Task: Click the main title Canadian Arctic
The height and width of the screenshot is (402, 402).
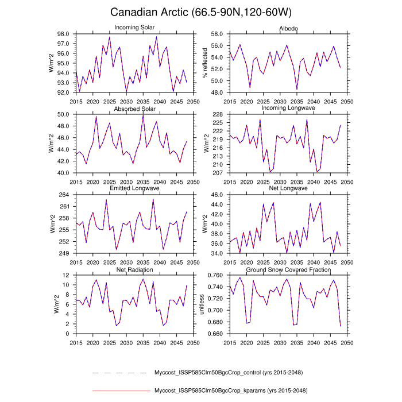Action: tap(201, 13)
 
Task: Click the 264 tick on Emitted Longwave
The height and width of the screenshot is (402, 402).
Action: tap(65, 195)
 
